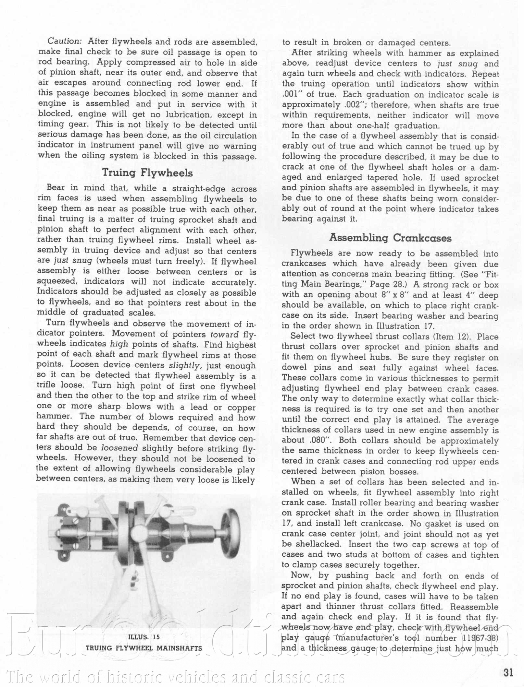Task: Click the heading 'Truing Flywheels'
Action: pyautogui.click(x=147, y=172)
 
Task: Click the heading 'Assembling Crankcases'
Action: pyautogui.click(x=390, y=238)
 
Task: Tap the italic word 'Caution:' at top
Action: pyautogui.click(x=64, y=41)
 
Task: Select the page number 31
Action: pyautogui.click(x=508, y=672)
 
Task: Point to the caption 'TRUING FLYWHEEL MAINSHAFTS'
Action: pyautogui.click(x=144, y=648)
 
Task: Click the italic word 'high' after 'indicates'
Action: pyautogui.click(x=119, y=344)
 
